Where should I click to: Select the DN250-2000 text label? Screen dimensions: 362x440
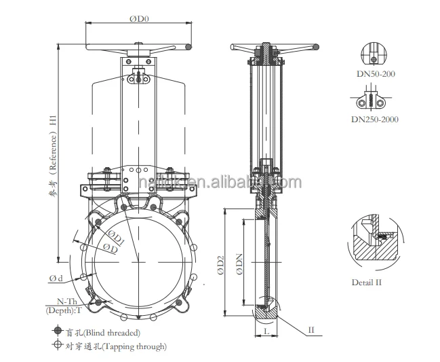coord(374,120)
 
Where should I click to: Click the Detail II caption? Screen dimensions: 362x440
coord(367,281)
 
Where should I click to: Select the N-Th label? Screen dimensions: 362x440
coord(65,301)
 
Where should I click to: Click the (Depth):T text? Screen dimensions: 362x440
coord(64,311)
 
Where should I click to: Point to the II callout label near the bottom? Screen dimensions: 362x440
coord(311,330)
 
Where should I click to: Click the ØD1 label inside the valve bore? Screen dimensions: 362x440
coord(115,239)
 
